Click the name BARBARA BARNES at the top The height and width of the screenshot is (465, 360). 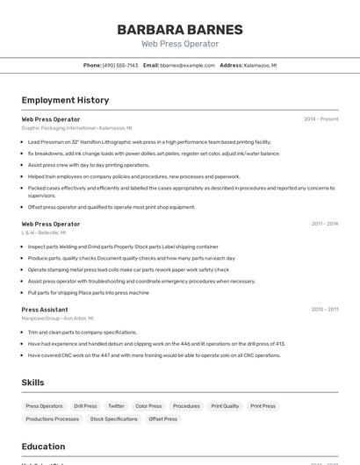click(180, 29)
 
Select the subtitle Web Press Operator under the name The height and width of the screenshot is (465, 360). click(180, 44)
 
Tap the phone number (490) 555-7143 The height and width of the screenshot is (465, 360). click(119, 65)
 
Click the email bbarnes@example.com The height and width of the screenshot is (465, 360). click(187, 65)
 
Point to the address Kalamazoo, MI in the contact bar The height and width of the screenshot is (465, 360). click(260, 65)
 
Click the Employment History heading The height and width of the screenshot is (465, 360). click(65, 100)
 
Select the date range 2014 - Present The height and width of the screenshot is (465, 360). click(320, 119)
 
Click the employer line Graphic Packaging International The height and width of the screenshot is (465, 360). click(76, 128)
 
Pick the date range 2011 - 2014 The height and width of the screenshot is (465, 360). click(324, 224)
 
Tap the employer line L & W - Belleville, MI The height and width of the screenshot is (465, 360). click(44, 232)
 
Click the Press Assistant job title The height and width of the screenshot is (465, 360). click(45, 310)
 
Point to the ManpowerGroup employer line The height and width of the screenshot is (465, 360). click(57, 318)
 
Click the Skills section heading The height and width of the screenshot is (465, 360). click(32, 383)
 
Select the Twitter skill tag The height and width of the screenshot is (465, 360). click(116, 406)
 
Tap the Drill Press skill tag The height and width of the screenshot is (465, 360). click(85, 406)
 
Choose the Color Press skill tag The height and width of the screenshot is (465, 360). click(148, 406)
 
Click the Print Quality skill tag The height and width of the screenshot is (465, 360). click(225, 406)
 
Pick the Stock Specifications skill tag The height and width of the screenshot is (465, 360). click(114, 419)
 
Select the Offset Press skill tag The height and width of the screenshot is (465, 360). click(162, 419)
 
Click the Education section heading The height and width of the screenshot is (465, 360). click(43, 447)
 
